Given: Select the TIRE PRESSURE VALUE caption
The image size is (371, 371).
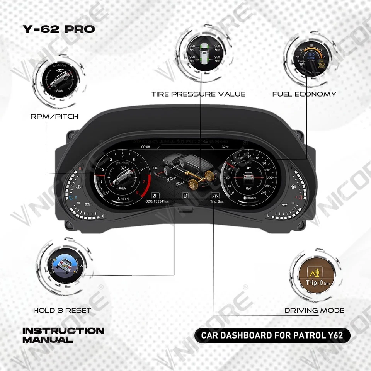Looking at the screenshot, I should tap(198, 94).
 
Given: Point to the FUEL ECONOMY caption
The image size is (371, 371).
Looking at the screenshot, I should tap(304, 94).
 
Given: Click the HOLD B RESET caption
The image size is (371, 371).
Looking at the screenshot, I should tap(62, 310).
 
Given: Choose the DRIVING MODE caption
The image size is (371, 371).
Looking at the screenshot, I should tap(315, 310).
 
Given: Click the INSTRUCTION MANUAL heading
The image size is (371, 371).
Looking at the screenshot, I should tap(63, 335).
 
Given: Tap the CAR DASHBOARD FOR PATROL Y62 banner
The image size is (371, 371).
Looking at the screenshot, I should tap(272, 335).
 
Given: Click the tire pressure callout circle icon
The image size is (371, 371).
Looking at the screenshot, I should tap(204, 55).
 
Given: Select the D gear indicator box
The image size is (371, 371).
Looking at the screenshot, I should tap(185, 196).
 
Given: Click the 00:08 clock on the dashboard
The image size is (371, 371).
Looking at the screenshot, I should tap(146, 147).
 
